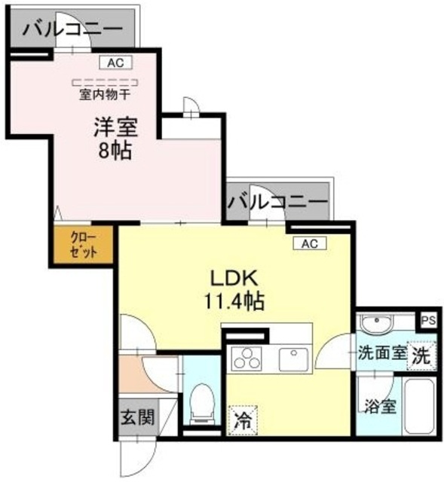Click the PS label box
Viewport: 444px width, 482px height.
pos(427,320)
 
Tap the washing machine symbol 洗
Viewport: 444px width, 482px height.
pos(420,356)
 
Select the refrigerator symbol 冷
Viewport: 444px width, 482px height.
pos(241,416)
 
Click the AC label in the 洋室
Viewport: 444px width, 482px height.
pos(115,63)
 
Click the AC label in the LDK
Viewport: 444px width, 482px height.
pos(310,243)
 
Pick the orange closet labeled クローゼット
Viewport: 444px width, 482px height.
pos(84,245)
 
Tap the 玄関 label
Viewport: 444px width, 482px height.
pos(136,417)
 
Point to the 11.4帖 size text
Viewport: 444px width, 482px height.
pos(234,302)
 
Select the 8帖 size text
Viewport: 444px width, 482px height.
pos(115,150)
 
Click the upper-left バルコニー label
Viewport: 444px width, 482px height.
pos(72,29)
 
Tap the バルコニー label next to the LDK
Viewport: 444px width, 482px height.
pos(277,203)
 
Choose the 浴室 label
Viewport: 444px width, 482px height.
pos(379,407)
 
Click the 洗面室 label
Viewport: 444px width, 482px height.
pos(381,352)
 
